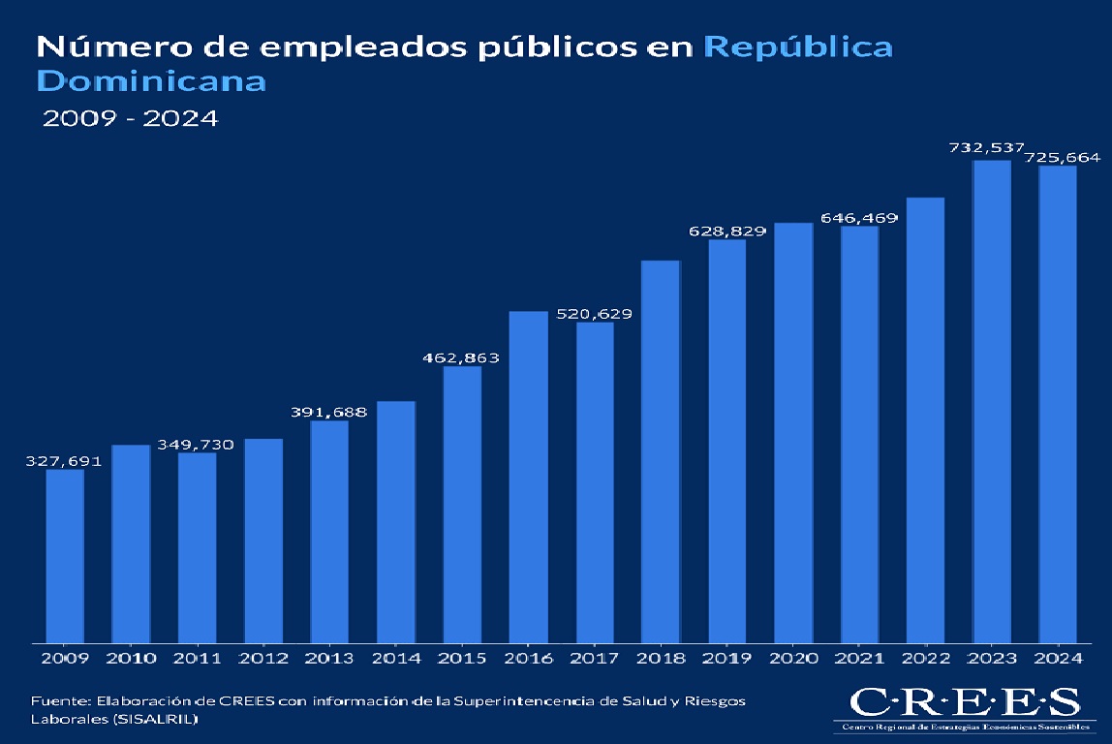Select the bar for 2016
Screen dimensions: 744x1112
[528, 476]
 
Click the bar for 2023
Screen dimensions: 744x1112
[992, 400]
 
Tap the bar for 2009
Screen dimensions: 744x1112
[65, 555]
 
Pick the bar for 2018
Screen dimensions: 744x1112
[661, 450]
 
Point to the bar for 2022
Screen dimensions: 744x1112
[925, 418]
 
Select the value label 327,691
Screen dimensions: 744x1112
[63, 462]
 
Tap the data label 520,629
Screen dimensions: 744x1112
[594, 314]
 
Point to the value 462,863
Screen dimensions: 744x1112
[461, 358]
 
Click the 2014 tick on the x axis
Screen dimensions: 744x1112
[395, 659]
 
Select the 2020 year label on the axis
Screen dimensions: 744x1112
[792, 659]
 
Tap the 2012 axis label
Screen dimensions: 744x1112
[263, 659]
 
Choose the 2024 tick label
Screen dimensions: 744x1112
[1057, 659]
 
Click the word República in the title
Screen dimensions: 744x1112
[798, 47]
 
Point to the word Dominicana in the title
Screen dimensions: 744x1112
[150, 80]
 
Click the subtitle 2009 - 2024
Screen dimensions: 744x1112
[130, 119]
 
